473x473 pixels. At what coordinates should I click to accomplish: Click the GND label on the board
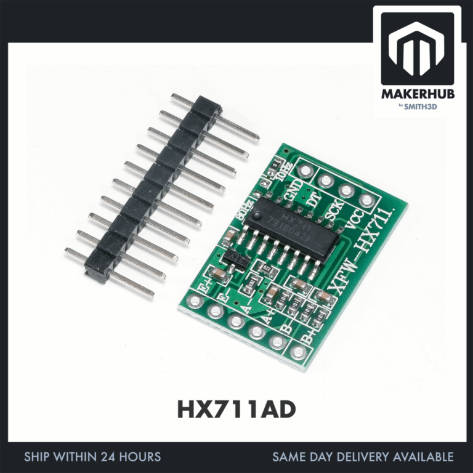294,188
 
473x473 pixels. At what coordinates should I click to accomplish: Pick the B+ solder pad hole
298,352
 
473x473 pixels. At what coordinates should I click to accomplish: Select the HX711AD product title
236,410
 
